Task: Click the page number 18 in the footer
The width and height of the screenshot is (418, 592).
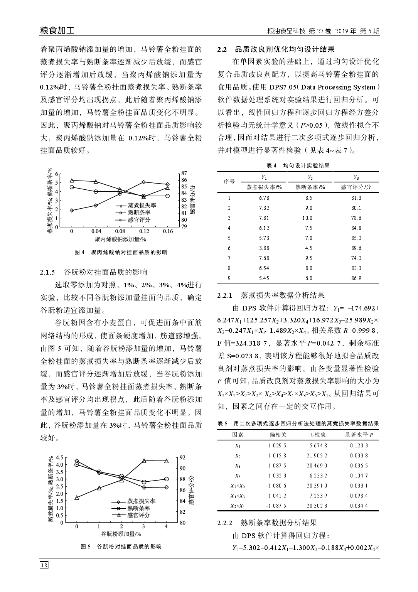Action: pos(44,565)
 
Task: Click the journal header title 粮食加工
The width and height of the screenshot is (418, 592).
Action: pos(57,31)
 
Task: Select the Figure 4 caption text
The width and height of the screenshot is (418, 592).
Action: pos(121,253)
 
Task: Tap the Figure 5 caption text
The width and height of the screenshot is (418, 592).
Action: pos(121,546)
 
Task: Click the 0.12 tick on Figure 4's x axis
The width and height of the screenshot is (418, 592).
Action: pos(144,231)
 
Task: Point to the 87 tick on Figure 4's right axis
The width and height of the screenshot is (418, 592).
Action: pos(184,174)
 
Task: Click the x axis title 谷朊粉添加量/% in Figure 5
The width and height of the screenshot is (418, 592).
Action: pos(121,534)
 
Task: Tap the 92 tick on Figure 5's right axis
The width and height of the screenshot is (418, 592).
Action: pos(182,457)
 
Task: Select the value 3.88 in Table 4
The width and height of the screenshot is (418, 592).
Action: pos(264,248)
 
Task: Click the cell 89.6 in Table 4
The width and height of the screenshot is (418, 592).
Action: pos(356,248)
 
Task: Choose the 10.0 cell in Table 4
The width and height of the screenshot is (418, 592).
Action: pos(307,218)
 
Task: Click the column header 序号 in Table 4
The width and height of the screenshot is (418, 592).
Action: pos(229,182)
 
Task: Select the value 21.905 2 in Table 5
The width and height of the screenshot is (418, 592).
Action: pos(318,455)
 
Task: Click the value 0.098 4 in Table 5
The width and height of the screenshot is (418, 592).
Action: pos(359,496)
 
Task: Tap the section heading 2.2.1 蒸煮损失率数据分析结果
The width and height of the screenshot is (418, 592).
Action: pos(271,295)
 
